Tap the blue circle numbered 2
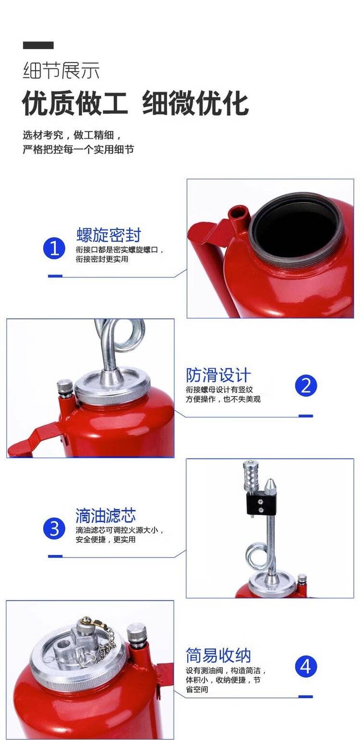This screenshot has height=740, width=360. tap(306, 386)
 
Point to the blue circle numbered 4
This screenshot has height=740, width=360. tap(306, 667)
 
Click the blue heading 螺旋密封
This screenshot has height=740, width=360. tap(108, 235)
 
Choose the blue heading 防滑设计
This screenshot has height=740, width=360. tap(218, 376)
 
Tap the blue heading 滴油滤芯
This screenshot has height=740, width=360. tap(105, 515)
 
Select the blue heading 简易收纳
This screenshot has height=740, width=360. tap(218, 655)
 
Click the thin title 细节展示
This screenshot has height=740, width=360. tap(61, 71)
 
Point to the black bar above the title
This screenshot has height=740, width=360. tap(38, 45)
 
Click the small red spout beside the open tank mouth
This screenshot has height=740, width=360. tap(239, 217)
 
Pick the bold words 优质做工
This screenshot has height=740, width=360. tap(75, 104)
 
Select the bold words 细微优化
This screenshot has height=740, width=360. tap(195, 104)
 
